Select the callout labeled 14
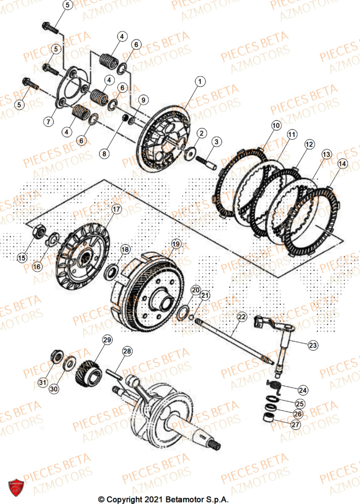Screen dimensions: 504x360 [x=342, y=164]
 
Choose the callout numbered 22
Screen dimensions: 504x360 [x=242, y=317]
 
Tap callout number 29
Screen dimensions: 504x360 [x=107, y=341]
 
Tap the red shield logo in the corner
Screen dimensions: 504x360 [x=16, y=487]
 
